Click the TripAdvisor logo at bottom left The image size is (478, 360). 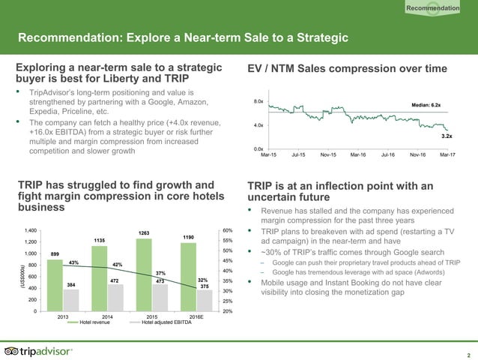coord(39,351)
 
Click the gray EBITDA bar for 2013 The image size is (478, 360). coord(70,299)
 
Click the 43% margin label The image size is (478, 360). coord(74,262)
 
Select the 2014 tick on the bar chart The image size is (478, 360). coord(109,317)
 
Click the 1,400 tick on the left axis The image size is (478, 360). coord(30,230)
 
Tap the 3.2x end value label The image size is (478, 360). coord(446,136)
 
